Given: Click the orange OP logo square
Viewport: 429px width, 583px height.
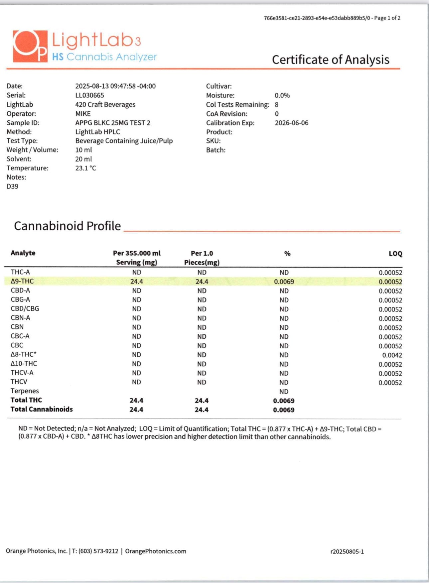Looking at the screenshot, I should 30,46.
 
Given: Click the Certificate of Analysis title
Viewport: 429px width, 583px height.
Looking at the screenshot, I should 331,60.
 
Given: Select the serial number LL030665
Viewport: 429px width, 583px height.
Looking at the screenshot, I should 89,95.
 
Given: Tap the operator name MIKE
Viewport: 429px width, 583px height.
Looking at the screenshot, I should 83,114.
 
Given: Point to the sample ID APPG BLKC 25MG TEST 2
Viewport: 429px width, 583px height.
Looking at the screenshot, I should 113,123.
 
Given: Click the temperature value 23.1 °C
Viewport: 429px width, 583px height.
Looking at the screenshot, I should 85,168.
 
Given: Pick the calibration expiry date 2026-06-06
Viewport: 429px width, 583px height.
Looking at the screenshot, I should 291,123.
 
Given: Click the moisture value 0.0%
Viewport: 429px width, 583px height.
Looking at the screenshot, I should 282,95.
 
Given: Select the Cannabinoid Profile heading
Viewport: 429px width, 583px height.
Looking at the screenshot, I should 67,226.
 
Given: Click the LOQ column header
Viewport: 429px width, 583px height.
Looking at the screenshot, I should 395,254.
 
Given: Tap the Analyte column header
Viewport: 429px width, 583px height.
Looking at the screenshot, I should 23,253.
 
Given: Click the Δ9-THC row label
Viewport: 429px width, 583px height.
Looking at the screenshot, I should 22,282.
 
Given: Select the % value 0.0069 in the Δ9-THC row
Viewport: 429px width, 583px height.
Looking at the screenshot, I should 284,282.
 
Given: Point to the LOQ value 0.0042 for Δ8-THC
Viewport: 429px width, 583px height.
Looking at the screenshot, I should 392,355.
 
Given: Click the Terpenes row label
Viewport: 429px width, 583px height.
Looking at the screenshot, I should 25,391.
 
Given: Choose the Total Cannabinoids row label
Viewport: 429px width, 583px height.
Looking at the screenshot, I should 42,409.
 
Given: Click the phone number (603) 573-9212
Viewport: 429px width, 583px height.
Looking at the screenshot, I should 98,551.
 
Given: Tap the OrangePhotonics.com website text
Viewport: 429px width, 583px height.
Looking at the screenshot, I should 156,551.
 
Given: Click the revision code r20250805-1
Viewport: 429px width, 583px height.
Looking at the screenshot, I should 347,552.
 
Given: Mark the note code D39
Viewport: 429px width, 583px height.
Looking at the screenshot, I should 12,186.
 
